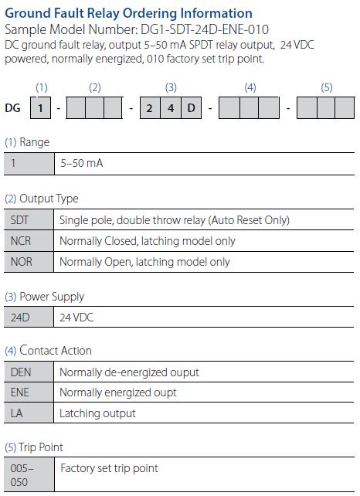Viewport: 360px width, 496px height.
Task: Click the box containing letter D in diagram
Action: point(191,108)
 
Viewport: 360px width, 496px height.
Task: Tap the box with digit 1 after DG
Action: point(40,108)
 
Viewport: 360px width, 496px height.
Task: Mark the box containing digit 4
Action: point(171,108)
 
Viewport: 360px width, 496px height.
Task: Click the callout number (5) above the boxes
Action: point(327,87)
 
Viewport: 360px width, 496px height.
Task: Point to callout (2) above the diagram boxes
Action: point(94,87)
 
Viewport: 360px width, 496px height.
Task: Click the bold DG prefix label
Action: point(12,108)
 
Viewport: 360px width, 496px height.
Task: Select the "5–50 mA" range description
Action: point(82,163)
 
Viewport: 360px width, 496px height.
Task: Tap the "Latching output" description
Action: point(97,413)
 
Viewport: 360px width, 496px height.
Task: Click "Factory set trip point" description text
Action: point(109,468)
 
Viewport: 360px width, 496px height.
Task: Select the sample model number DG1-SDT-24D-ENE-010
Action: point(205,29)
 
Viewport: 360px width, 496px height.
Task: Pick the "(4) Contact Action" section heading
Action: point(48,351)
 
